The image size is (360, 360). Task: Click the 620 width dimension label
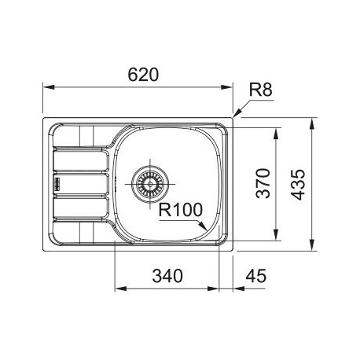click(143, 75)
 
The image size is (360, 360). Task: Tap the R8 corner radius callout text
click(260, 90)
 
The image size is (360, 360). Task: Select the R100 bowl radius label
click(181, 210)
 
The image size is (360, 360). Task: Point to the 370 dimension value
click(263, 183)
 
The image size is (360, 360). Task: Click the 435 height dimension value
click(298, 185)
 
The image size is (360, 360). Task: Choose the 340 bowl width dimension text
click(167, 276)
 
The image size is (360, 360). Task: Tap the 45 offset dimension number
click(255, 276)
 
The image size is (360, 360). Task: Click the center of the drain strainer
click(150, 184)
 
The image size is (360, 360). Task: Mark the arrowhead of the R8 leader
click(237, 113)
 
